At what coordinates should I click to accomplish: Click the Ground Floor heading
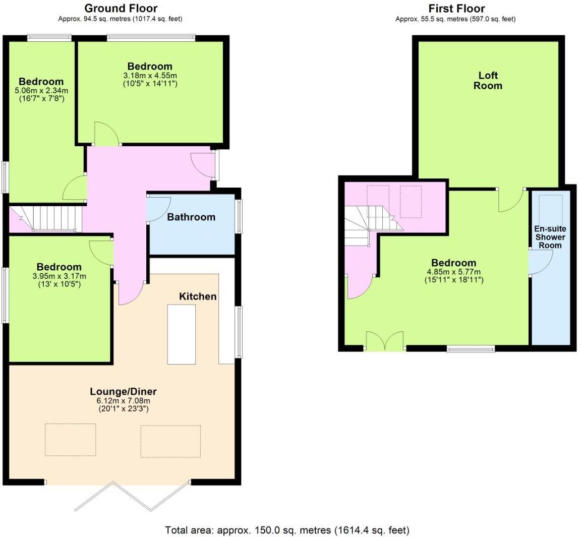click(121, 9)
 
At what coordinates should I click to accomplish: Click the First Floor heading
click(456, 9)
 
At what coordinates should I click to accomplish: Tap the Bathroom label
click(191, 217)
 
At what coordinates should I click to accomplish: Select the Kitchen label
click(198, 296)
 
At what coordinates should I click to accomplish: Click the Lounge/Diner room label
click(123, 391)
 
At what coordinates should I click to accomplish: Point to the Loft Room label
click(488, 81)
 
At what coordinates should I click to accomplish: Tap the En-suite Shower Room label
click(550, 237)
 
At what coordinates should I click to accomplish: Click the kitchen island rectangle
click(182, 334)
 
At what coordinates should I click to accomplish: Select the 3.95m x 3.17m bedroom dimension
click(59, 276)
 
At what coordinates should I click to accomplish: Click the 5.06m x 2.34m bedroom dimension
click(41, 91)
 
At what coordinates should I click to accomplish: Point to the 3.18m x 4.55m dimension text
click(150, 76)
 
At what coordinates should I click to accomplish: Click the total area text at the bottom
click(287, 530)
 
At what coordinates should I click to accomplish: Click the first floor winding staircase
click(371, 222)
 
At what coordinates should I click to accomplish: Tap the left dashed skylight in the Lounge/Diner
click(70, 440)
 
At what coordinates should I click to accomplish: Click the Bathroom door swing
click(157, 208)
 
